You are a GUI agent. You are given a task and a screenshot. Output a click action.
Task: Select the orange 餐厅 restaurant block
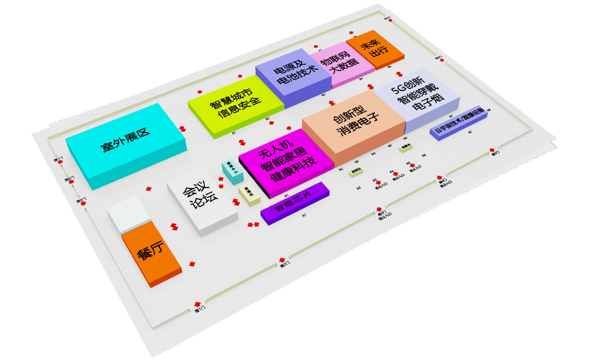coord(151,254)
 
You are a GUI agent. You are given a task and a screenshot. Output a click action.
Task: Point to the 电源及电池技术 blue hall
coord(292,75)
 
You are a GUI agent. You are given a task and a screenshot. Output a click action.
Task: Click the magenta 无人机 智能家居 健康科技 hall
coord(285,164)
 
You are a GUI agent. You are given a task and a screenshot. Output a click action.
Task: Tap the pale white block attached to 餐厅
coord(128,215)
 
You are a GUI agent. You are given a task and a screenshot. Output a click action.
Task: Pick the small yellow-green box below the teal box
coord(248,194)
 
